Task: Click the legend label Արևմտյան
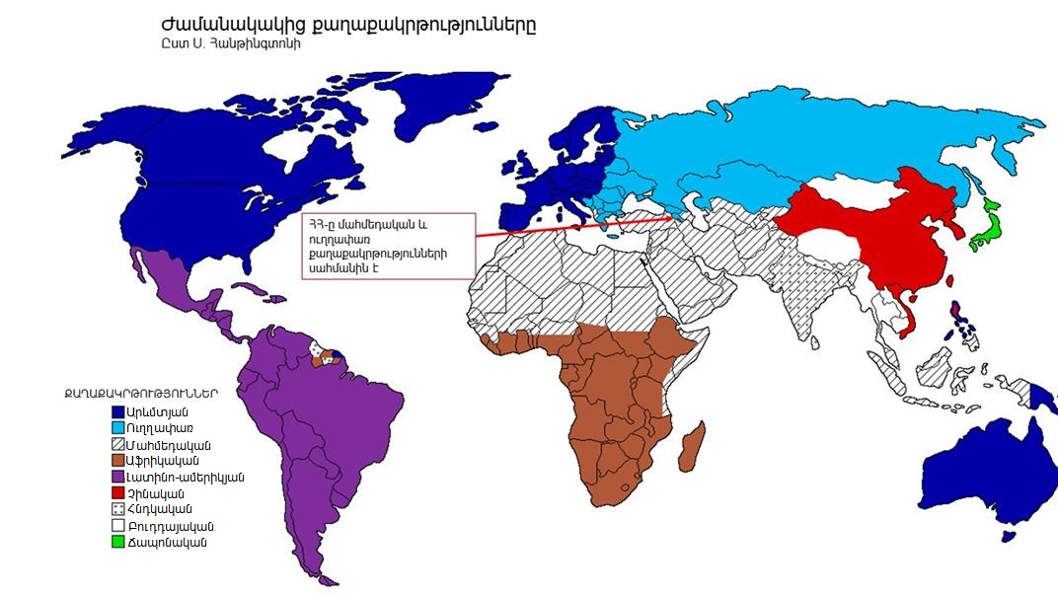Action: (158, 411)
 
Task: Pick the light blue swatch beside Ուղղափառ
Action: (118, 428)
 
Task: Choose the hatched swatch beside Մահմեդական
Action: (118, 444)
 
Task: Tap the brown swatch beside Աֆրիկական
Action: (118, 461)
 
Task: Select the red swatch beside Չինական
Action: (118, 493)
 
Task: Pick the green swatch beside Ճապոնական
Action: (118, 543)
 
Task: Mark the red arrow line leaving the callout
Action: (572, 227)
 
